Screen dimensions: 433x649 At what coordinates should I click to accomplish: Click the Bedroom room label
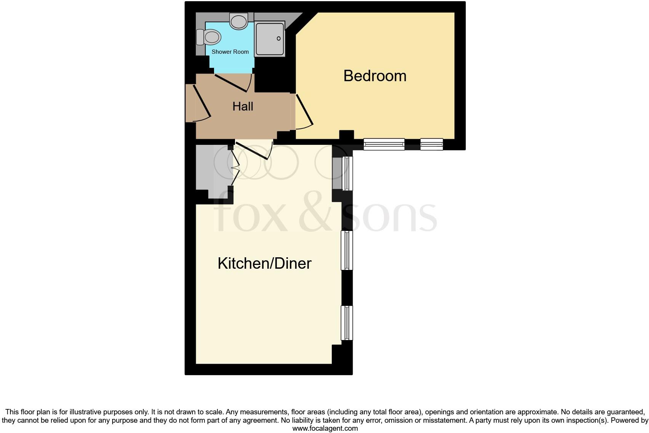(x=375, y=76)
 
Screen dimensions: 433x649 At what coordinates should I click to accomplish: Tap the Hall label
(x=243, y=106)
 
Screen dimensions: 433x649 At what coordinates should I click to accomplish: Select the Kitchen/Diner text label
(x=264, y=263)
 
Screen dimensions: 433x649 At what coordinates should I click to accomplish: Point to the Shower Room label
(x=230, y=52)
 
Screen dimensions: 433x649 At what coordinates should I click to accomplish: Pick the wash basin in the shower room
(x=239, y=21)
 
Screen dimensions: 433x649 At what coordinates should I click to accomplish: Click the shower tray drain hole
(x=279, y=38)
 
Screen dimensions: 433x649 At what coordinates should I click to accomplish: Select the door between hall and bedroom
(x=304, y=110)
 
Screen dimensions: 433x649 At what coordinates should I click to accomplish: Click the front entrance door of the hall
(x=201, y=101)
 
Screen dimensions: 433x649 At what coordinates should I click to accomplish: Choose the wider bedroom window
(x=384, y=144)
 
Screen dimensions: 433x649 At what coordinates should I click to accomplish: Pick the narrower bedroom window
(x=432, y=144)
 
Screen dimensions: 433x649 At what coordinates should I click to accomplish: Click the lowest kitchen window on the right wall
(x=347, y=323)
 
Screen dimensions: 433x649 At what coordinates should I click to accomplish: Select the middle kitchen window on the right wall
(x=347, y=250)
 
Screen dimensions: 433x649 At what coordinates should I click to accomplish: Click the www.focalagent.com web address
(x=325, y=428)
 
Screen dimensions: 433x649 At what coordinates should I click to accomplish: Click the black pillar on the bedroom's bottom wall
(x=346, y=135)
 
